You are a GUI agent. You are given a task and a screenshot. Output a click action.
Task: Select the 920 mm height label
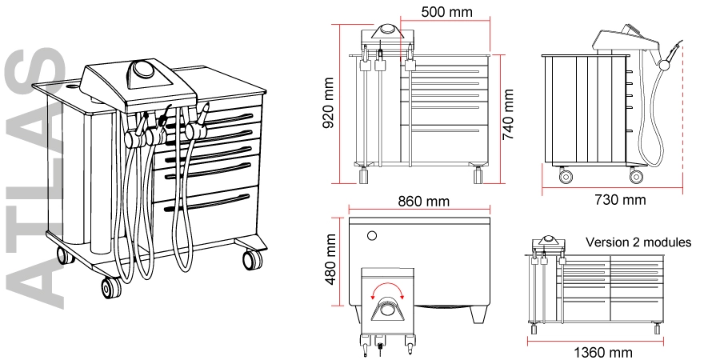click(329, 96)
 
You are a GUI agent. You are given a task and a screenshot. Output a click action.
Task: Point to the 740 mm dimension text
click(507, 113)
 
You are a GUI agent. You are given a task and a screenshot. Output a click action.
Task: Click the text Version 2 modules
click(638, 242)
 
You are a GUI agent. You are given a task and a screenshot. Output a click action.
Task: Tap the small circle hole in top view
click(370, 236)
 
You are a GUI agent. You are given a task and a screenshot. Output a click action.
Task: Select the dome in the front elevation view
click(387, 30)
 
